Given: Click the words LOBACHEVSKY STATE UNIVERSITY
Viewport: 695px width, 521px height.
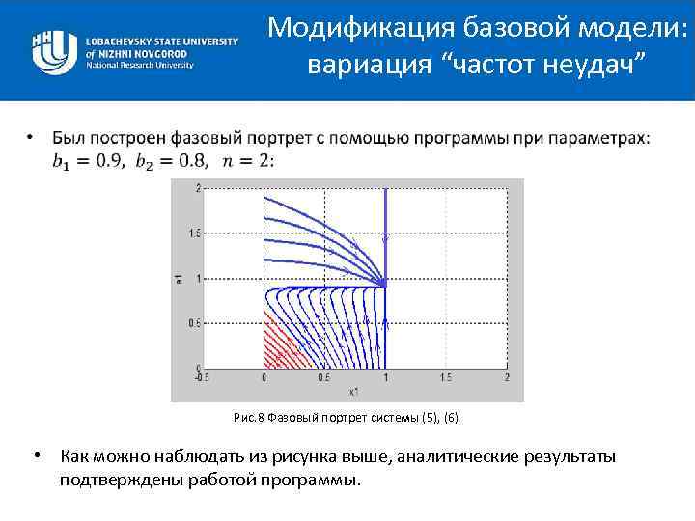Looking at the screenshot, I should [x=161, y=42].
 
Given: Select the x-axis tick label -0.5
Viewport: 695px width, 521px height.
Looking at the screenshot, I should [x=201, y=377].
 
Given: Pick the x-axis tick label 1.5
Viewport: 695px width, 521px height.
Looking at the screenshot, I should [x=446, y=377].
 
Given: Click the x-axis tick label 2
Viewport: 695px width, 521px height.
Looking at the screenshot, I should [x=506, y=377].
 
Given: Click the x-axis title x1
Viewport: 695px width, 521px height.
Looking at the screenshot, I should [x=354, y=391].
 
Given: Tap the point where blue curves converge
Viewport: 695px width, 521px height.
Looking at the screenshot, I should [x=384, y=283].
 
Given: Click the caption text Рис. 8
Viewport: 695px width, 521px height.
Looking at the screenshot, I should [x=249, y=418].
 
